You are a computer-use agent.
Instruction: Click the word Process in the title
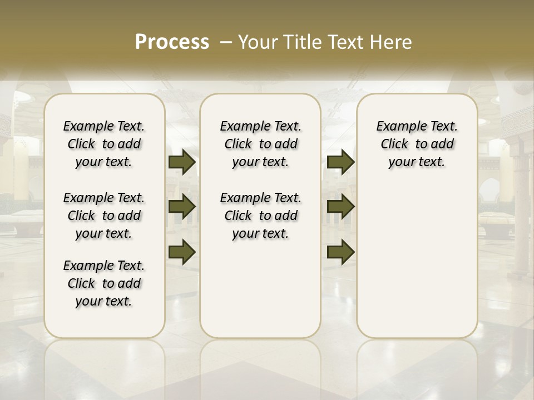click(172, 42)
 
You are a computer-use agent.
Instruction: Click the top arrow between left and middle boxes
click(182, 162)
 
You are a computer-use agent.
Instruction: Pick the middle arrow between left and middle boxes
click(182, 207)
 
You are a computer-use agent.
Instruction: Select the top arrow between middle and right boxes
click(340, 162)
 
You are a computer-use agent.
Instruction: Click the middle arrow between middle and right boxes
click(340, 207)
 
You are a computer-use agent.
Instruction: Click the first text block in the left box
click(104, 144)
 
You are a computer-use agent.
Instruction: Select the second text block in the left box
click(104, 216)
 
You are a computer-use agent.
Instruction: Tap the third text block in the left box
click(104, 283)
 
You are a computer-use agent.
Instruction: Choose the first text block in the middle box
click(261, 144)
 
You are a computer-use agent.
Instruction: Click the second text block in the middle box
click(261, 216)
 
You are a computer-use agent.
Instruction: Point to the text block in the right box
click(417, 144)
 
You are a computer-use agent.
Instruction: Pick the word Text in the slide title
click(344, 42)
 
